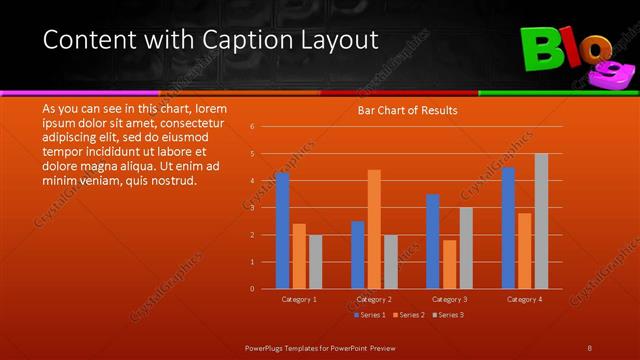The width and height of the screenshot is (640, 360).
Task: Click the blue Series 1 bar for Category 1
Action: click(x=282, y=231)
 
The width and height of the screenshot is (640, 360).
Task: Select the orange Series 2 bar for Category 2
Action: click(x=374, y=229)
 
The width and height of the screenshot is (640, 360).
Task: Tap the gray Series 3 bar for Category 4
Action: click(x=541, y=221)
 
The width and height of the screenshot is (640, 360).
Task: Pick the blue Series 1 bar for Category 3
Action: click(x=432, y=241)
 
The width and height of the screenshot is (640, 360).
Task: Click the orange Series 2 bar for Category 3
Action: click(x=449, y=264)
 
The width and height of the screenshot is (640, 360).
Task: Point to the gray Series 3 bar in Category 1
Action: click(x=316, y=262)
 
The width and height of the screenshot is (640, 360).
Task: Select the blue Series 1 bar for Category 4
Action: click(x=508, y=228)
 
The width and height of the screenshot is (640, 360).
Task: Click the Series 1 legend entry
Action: click(x=372, y=315)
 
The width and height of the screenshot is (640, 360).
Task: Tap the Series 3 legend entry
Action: click(x=449, y=315)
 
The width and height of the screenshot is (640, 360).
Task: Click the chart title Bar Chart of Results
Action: click(x=407, y=111)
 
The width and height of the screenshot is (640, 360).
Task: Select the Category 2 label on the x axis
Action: click(x=374, y=299)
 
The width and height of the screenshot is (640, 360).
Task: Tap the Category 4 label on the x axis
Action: click(x=524, y=299)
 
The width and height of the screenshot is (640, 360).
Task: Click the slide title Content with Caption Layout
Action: click(x=211, y=40)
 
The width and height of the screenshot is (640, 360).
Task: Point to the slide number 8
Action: click(x=590, y=346)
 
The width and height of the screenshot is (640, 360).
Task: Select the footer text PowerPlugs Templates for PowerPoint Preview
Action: click(x=320, y=346)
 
